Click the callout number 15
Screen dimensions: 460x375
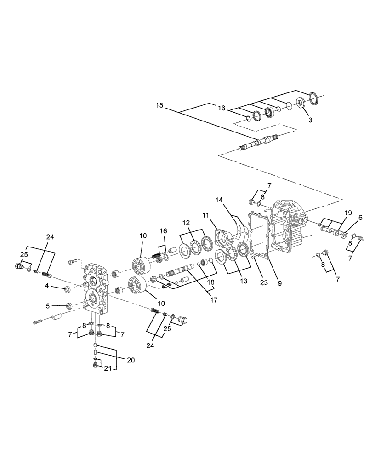[x=159, y=106]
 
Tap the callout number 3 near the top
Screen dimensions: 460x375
[x=310, y=120]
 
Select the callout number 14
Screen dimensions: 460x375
[x=219, y=200]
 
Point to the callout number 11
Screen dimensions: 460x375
[x=205, y=215]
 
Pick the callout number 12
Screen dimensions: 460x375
[x=186, y=223]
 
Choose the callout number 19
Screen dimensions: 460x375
[x=348, y=213]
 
